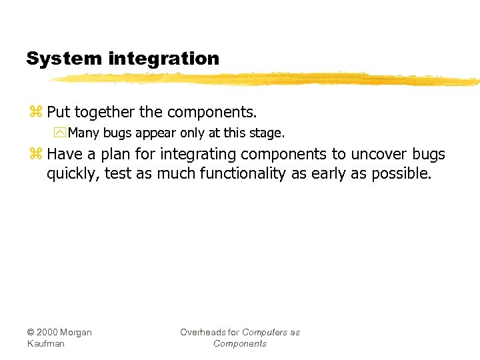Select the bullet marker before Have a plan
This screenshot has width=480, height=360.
click(35, 155)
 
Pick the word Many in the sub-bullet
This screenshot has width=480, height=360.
click(83, 133)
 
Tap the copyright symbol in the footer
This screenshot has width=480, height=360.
click(31, 333)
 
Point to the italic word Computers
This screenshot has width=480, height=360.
click(265, 333)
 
